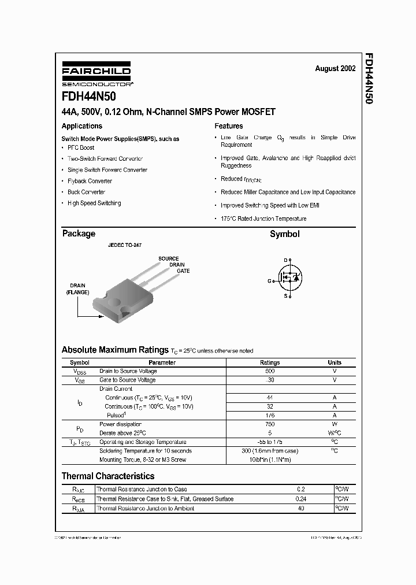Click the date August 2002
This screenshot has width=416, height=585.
pos(335,68)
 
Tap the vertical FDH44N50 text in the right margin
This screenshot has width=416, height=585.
pos(369,78)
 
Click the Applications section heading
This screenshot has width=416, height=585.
pos(82,126)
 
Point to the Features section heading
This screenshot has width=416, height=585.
pos(229,126)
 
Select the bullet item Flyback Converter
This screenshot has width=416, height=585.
pos(90,181)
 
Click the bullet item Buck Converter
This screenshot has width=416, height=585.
pos(86,192)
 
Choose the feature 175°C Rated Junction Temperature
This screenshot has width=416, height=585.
pos(263,219)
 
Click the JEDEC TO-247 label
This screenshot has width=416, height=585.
pos(125,246)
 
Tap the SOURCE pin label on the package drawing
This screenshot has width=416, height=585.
pos(168,258)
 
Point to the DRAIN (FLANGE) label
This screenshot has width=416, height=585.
pos(77,289)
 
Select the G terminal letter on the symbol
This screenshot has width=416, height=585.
pos(269,281)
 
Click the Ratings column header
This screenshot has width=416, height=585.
pos(270,362)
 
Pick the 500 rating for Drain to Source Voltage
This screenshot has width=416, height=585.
pos(270,371)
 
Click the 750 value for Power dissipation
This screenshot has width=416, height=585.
pos(270,424)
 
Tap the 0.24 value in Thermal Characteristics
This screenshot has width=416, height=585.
pos(300,499)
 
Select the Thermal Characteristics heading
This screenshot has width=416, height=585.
pos(108,476)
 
